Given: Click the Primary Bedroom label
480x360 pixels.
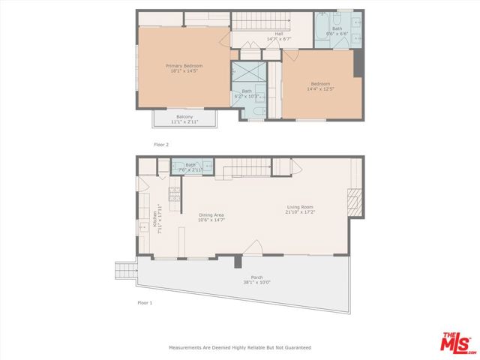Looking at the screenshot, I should [184, 68].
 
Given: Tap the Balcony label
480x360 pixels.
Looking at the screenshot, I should [184, 118].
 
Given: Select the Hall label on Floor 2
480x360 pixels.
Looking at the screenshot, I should [278, 35].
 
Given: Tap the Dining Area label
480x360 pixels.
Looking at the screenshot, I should [211, 217].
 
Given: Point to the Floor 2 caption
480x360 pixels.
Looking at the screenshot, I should [161, 144].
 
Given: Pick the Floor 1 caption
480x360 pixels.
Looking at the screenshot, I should [145, 303].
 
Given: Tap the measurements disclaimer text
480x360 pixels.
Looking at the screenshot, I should [240, 347].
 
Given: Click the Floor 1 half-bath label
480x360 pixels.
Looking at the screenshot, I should [190, 166].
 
